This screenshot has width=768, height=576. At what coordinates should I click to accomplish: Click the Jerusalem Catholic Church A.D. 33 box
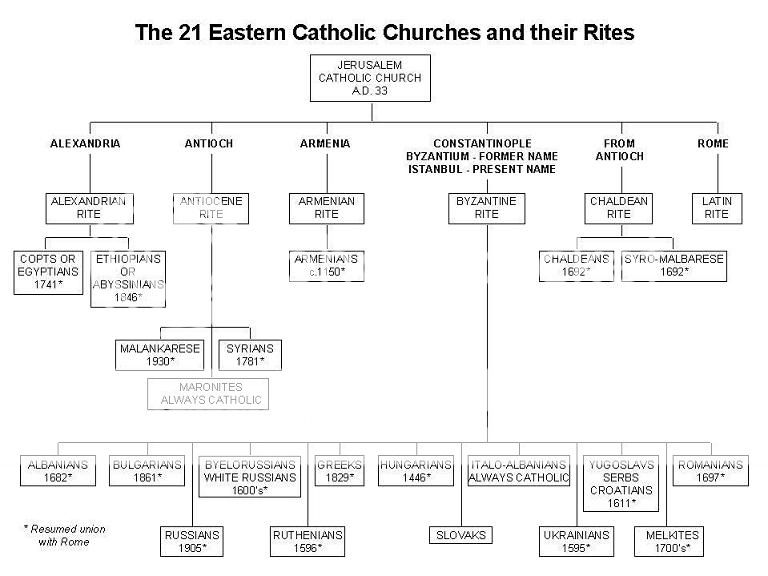[371, 77]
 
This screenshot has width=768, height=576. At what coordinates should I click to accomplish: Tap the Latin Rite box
[716, 208]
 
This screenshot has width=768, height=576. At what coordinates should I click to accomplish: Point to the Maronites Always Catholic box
[208, 393]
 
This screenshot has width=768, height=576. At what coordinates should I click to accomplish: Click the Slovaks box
[461, 536]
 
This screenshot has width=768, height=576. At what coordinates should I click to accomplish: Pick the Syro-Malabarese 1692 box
[673, 266]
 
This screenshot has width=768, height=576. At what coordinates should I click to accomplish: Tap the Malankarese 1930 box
[160, 354]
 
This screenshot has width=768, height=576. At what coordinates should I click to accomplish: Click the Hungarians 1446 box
[417, 471]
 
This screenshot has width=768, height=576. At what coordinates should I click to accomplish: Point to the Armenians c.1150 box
[326, 266]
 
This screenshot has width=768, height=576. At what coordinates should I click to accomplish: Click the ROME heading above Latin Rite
[713, 144]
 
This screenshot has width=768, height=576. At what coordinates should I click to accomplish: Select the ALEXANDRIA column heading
[85, 144]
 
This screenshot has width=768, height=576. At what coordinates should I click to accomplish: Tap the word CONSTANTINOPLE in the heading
[483, 144]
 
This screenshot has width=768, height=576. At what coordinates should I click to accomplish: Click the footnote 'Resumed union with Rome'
[65, 535]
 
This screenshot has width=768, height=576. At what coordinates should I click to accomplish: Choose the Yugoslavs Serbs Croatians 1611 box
[620, 484]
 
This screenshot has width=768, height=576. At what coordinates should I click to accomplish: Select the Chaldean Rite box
[618, 208]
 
